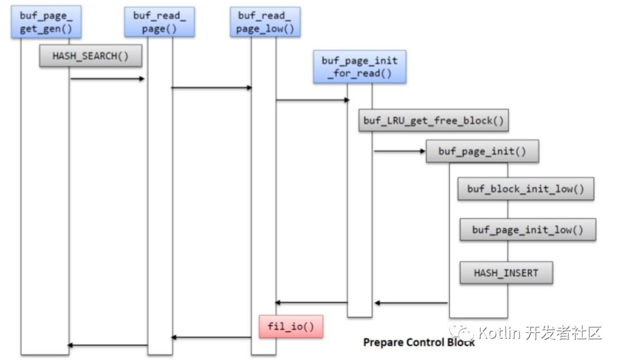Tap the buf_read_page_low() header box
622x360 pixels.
point(265,22)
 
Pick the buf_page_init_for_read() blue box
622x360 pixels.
point(359,67)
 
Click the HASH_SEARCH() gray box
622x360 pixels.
point(90,56)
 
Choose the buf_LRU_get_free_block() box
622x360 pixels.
point(434,120)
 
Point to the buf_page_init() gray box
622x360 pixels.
point(482,151)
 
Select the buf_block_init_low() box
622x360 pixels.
point(525,189)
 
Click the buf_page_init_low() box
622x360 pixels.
point(527,230)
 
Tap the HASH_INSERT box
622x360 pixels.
point(506,272)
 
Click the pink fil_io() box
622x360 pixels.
point(291,327)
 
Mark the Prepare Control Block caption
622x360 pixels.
point(419,342)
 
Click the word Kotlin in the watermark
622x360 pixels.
point(499,332)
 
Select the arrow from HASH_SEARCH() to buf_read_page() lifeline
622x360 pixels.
point(107,78)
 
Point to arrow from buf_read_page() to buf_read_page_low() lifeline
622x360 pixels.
point(212,88)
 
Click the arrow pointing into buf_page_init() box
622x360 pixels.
point(399,152)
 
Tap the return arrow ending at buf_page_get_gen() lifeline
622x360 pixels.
point(108,345)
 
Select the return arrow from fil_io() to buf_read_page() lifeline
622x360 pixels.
point(212,338)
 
